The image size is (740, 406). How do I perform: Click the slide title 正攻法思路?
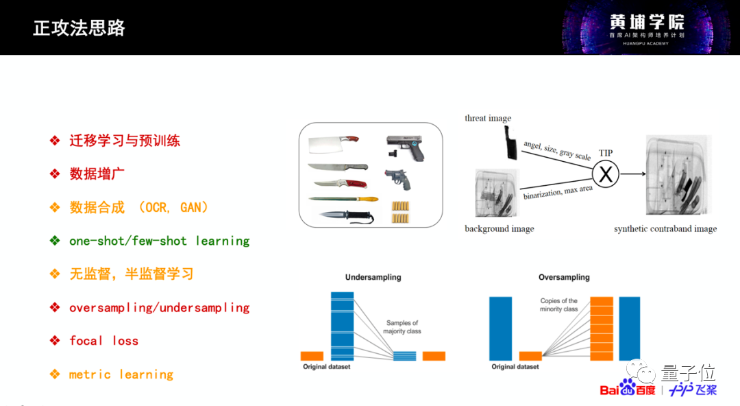tap(79, 28)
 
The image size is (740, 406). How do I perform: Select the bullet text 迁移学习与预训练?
tap(125, 141)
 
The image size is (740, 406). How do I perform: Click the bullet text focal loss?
tap(103, 341)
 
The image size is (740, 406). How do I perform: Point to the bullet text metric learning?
tap(121, 374)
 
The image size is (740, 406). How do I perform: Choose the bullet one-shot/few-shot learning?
tap(159, 241)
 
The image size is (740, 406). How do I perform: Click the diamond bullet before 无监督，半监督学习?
tap(55, 274)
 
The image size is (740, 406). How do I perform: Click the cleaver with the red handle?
tap(334, 143)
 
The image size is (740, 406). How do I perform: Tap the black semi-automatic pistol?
tap(405, 147)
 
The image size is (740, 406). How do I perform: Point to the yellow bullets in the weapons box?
tap(399, 212)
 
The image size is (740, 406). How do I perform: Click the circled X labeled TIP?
tap(605, 174)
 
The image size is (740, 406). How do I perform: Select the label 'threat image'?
tap(488, 118)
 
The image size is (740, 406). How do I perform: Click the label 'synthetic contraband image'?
tap(665, 229)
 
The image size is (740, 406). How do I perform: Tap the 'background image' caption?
tap(499, 228)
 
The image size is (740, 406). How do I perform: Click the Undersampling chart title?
tap(373, 278)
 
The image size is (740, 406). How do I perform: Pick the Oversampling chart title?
tap(564, 278)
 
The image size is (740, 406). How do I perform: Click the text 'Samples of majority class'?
tap(402, 327)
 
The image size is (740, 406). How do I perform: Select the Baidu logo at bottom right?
tap(627, 389)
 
